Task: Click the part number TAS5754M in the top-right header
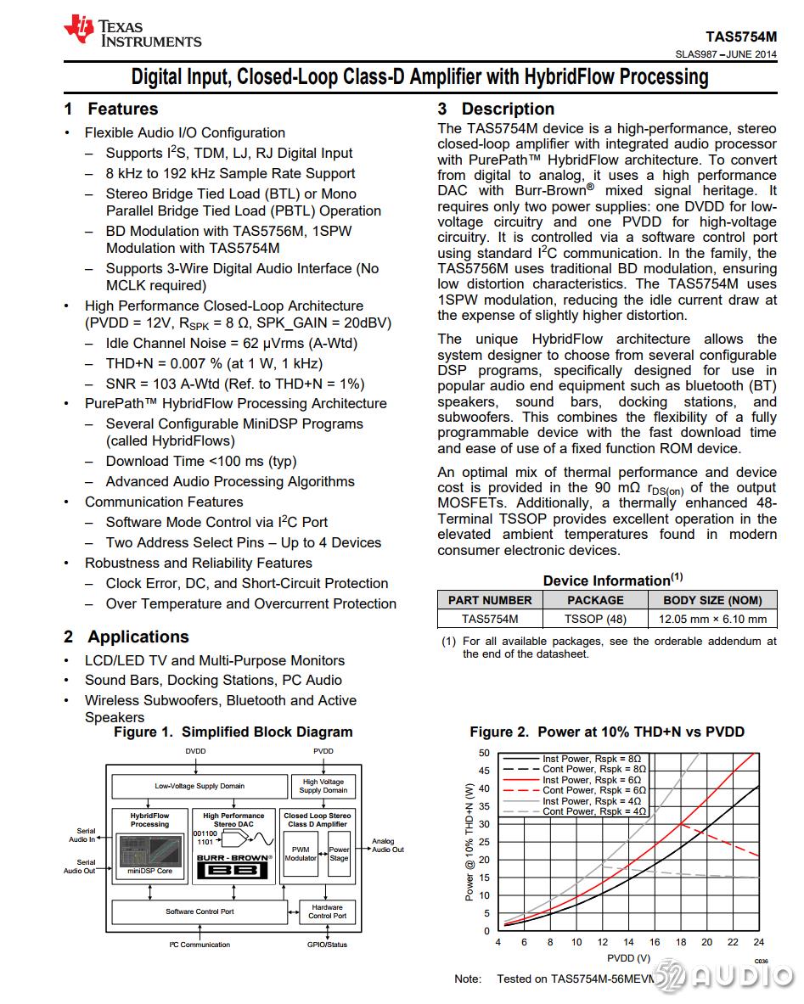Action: pyautogui.click(x=740, y=37)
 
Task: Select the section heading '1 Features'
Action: pyautogui.click(x=111, y=109)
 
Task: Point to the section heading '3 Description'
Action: pyautogui.click(x=496, y=109)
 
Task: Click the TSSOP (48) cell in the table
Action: pyautogui.click(x=595, y=619)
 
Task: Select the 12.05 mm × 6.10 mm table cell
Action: pyautogui.click(x=712, y=619)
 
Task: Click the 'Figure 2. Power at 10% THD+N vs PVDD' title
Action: pyautogui.click(x=606, y=732)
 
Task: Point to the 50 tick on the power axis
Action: pyautogui.click(x=484, y=753)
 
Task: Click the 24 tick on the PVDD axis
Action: pyautogui.click(x=758, y=942)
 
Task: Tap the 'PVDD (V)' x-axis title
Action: pyautogui.click(x=628, y=958)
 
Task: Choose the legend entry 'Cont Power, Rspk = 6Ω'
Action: pyautogui.click(x=593, y=790)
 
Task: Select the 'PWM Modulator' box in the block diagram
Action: pyautogui.click(x=301, y=853)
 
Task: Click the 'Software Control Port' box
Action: pyautogui.click(x=200, y=911)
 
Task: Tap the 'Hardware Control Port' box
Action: pyautogui.click(x=327, y=911)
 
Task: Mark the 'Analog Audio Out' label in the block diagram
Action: pyautogui.click(x=388, y=845)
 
